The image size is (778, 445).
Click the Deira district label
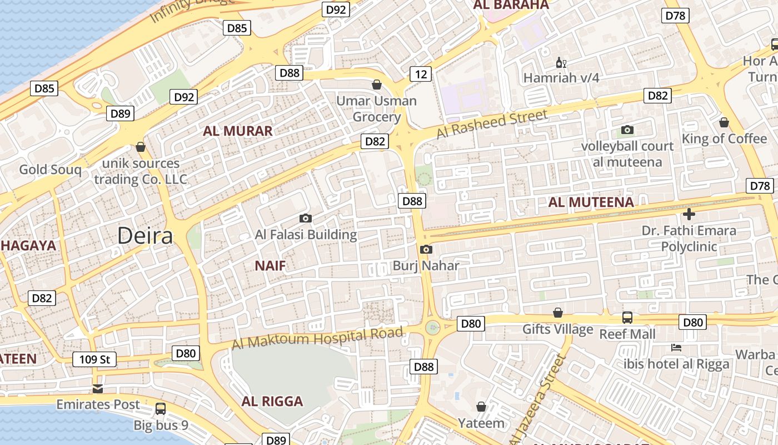point(145,236)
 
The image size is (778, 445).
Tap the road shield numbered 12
point(421,74)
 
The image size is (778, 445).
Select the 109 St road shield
point(94,359)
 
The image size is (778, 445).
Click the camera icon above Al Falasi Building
point(305,218)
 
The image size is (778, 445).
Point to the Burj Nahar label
point(426,265)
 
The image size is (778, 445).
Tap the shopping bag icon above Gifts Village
point(557,313)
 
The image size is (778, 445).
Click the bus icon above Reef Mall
point(627,318)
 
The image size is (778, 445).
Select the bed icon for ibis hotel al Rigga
point(676,348)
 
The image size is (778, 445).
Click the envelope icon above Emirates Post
point(98,388)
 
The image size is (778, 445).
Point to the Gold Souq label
point(50,170)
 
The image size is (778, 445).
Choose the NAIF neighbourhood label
point(270,266)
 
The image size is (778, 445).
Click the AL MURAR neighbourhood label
point(238,131)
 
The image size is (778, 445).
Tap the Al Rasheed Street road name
point(492,124)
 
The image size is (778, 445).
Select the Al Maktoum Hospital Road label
point(317,338)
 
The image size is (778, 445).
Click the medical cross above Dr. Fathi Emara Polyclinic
point(689,214)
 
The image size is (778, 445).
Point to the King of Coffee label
point(724,139)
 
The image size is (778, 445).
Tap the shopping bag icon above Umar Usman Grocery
point(377,85)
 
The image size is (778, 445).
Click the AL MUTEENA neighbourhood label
point(591,202)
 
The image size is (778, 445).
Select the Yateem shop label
point(481,423)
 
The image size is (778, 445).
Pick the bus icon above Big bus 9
point(161,409)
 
